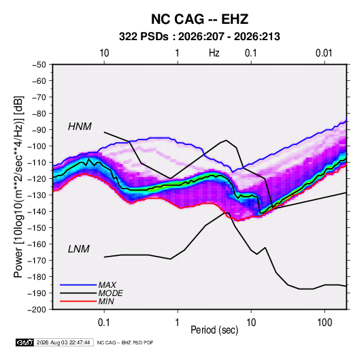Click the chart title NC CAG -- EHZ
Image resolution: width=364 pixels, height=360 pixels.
point(199,19)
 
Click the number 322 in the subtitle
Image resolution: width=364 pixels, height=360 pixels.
point(127,37)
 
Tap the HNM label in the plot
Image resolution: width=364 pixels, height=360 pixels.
point(80,127)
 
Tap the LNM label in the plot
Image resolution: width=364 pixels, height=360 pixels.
point(79,249)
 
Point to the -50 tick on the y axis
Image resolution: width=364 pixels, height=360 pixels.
point(39,65)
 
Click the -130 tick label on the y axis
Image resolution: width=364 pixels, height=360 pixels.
point(37,195)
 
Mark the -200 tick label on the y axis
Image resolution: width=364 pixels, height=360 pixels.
point(37,310)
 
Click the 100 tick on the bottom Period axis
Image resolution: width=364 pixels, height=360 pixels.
point(325,323)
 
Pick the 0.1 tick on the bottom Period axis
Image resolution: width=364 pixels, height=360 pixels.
point(104,323)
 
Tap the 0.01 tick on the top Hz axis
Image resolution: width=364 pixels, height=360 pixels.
point(324,53)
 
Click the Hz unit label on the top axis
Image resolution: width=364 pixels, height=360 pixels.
point(214,53)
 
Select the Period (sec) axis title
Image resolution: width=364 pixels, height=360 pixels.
point(214,330)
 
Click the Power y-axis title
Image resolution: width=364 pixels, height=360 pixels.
point(18,187)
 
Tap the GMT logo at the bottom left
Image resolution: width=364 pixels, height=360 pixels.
point(24,342)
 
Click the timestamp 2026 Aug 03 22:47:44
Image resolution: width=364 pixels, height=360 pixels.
point(63,342)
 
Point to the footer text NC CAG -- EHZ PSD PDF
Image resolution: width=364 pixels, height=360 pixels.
point(125,342)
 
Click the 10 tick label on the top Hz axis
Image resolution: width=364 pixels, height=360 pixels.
point(104,53)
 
